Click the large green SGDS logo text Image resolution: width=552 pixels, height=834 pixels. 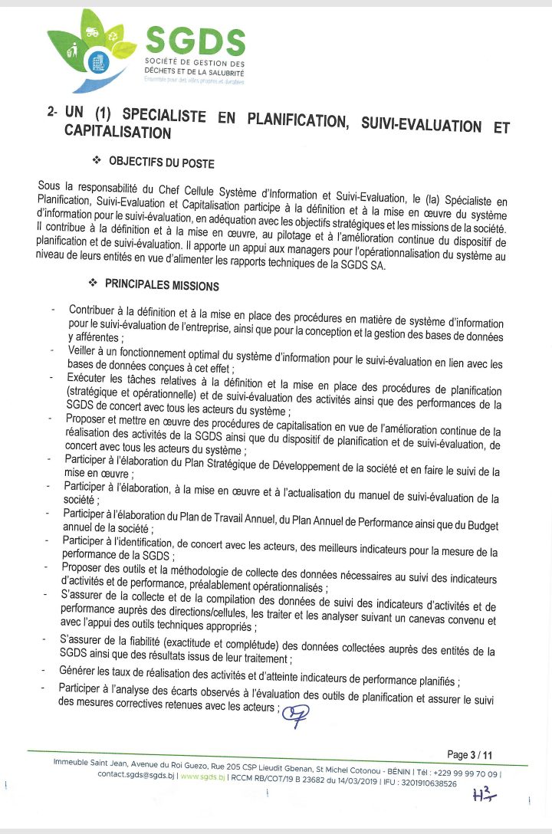[x=195, y=40]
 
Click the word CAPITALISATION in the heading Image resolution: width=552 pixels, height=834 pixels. [x=117, y=133]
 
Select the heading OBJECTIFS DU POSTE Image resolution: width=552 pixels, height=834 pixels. [x=161, y=163]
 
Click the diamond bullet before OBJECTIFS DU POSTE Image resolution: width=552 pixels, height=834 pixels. [x=97, y=161]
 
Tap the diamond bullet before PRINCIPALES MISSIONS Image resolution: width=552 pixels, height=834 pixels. [x=94, y=284]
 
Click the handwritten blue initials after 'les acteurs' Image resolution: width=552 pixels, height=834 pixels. [x=294, y=714]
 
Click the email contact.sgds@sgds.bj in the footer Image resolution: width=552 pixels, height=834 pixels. [x=135, y=774]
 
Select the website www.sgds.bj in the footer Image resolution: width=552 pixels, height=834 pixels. [x=202, y=774]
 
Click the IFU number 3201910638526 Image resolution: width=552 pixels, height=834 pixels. [x=422, y=784]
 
